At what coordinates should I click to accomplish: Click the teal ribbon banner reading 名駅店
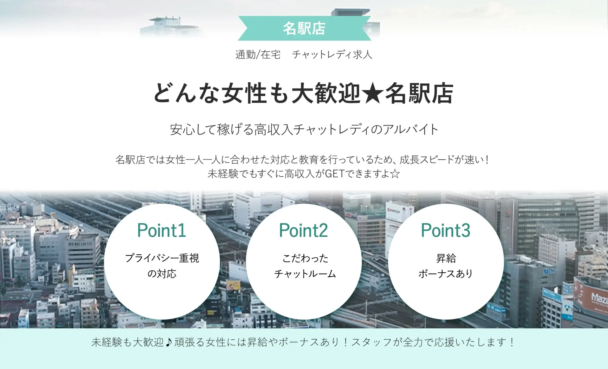tap(304, 28)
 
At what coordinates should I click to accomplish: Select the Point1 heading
tap(161, 230)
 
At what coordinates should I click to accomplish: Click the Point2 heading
tap(303, 230)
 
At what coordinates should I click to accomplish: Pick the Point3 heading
tap(445, 230)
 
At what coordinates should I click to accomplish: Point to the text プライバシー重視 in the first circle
tap(162, 258)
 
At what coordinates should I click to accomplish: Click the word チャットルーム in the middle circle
tap(305, 274)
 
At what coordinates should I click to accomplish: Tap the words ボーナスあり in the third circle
tap(445, 274)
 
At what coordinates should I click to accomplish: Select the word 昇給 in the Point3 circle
tap(446, 258)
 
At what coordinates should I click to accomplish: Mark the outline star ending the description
tap(395, 174)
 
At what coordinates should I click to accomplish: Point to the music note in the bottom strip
tap(169, 342)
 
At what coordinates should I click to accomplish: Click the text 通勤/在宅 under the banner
tap(258, 55)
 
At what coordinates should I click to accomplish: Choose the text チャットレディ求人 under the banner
tap(332, 55)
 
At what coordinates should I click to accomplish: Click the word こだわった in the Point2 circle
tap(305, 258)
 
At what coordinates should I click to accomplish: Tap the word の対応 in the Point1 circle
tap(162, 274)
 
